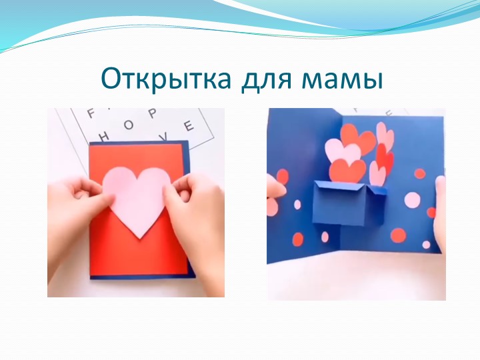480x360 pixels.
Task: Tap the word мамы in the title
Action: pyautogui.click(x=341, y=80)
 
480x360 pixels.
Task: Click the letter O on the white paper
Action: pyautogui.click(x=129, y=125)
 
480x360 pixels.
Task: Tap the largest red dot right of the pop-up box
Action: pyautogui.click(x=397, y=235)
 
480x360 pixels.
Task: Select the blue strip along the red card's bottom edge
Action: pyautogui.click(x=139, y=275)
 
